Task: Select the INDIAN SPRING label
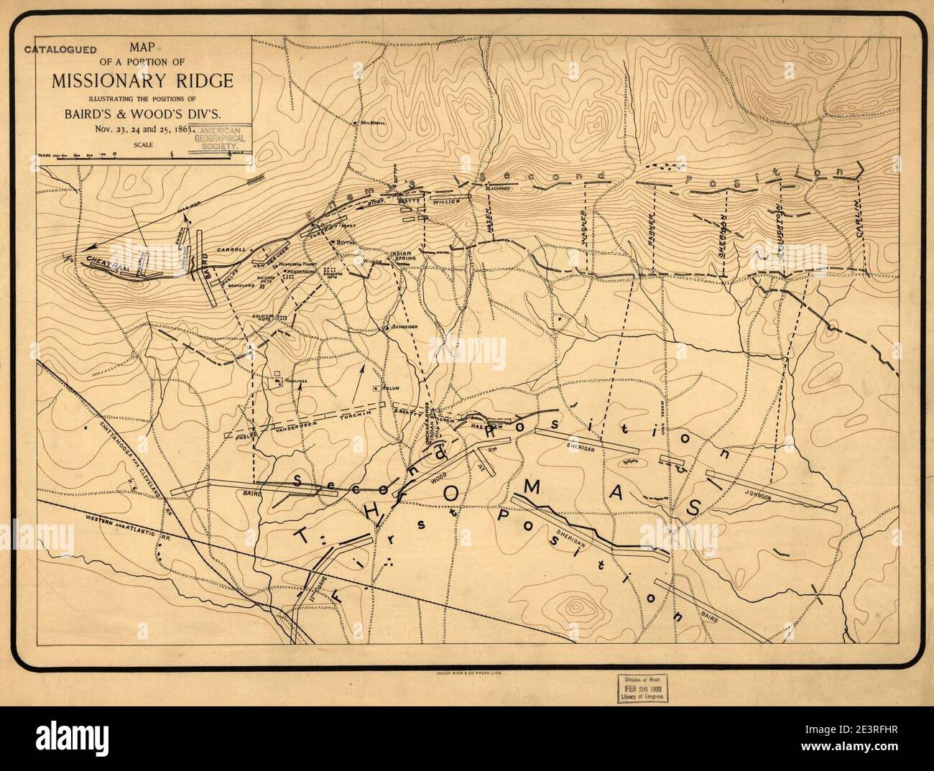[399, 257]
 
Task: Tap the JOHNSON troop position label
[758, 497]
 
